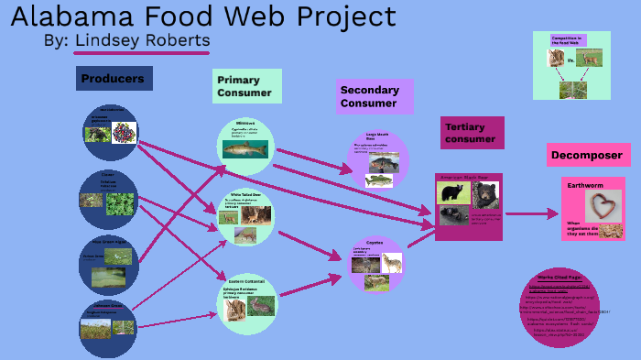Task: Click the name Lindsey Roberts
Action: pos(142,41)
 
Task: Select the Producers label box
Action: pos(114,79)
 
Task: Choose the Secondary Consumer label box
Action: pos(375,96)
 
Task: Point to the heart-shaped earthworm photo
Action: pos(602,207)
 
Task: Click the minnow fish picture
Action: pos(244,147)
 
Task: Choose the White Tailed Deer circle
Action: pos(246,217)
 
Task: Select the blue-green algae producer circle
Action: pos(108,263)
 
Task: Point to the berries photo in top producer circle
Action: pos(124,133)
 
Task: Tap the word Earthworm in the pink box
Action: pos(586,185)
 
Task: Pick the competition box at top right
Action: pos(571,65)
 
